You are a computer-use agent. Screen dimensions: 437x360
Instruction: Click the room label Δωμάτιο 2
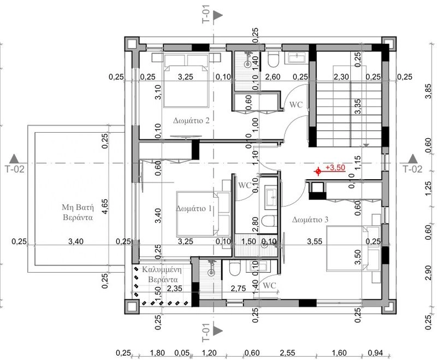click(191, 121)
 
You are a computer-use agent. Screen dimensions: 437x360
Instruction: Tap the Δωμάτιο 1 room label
click(194, 209)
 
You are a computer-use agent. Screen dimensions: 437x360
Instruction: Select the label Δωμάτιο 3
click(310, 220)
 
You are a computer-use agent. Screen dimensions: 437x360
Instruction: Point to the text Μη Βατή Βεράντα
click(78, 212)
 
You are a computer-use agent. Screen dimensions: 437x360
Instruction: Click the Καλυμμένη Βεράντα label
click(162, 274)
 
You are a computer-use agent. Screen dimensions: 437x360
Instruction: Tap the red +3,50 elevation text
click(335, 168)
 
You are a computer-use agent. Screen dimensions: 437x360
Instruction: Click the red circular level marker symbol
click(318, 172)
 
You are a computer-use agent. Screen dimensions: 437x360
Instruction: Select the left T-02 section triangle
click(14, 158)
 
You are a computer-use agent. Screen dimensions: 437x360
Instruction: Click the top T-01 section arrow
click(218, 16)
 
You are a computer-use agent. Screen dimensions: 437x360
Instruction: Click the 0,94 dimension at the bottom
click(375, 353)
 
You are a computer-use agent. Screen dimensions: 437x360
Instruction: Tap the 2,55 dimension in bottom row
click(287, 353)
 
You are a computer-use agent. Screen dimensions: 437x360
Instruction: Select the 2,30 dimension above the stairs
click(341, 76)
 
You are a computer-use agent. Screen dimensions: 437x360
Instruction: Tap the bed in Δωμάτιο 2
click(186, 81)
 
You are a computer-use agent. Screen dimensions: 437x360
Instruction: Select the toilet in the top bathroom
click(273, 60)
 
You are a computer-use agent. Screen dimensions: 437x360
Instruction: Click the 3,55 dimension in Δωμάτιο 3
click(315, 241)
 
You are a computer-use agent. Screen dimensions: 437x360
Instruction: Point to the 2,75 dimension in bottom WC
click(238, 288)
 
